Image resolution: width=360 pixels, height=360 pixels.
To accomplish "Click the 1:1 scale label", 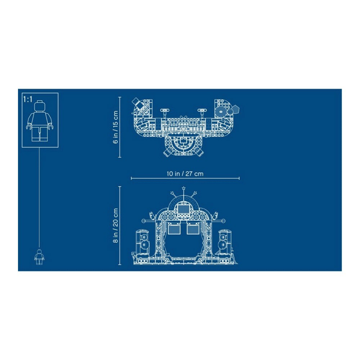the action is (x=28, y=99).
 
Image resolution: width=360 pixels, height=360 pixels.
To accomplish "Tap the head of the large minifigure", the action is (x=40, y=106).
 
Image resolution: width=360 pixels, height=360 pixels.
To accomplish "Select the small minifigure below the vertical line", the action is (x=39, y=257).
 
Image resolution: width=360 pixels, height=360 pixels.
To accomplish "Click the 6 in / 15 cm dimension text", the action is (x=115, y=127).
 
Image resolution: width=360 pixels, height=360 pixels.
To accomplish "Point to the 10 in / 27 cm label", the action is (x=185, y=174).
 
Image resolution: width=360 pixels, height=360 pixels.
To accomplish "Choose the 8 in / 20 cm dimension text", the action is (x=115, y=225).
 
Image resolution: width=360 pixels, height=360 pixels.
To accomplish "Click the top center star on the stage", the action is (x=184, y=188).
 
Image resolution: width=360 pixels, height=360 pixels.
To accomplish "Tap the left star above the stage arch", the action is (x=172, y=193).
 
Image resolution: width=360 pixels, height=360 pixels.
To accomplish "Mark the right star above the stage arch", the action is (x=195, y=193).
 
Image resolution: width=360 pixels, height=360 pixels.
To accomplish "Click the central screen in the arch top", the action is (x=183, y=209).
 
